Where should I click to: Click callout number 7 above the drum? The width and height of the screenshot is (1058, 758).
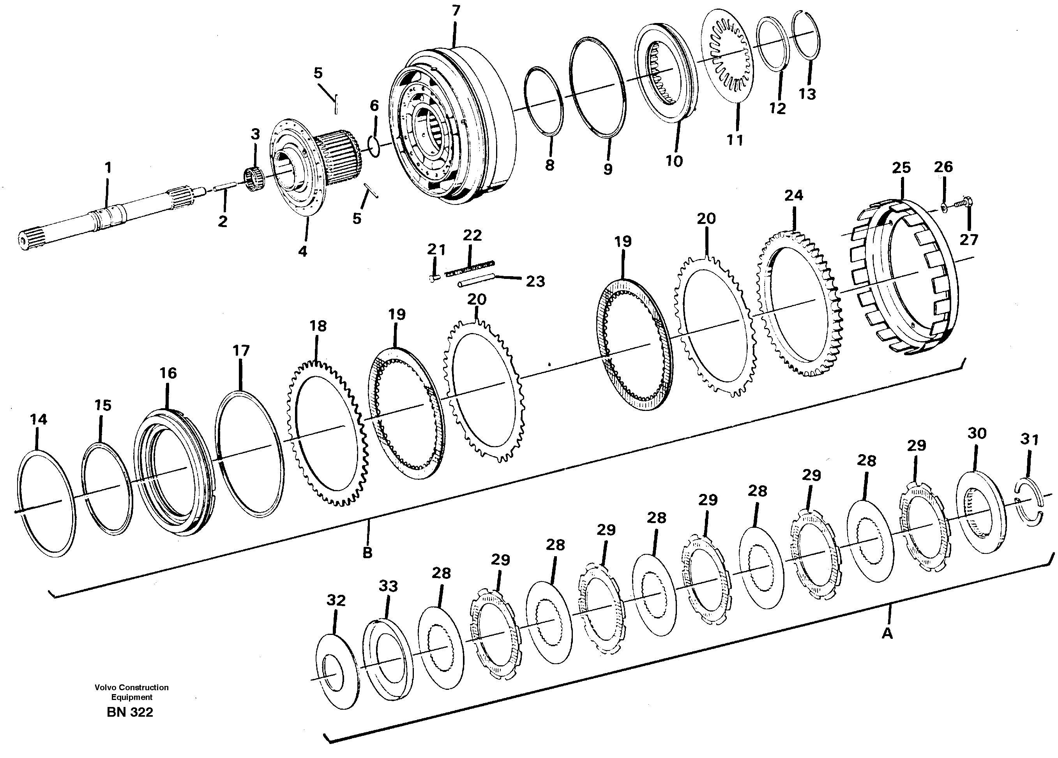[456, 10]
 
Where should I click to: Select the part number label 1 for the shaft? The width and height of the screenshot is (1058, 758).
[108, 167]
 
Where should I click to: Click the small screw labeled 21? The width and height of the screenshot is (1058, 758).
[433, 278]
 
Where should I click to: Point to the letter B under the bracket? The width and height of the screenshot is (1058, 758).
[367, 553]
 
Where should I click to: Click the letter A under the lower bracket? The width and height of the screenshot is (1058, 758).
[887, 633]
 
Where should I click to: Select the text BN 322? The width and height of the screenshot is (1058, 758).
[130, 712]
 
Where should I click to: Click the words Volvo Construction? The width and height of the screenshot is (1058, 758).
[132, 687]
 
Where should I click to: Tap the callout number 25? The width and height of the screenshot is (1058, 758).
[901, 168]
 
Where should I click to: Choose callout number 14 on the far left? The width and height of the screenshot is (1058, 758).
[38, 420]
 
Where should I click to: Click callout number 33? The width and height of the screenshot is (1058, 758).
[388, 586]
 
